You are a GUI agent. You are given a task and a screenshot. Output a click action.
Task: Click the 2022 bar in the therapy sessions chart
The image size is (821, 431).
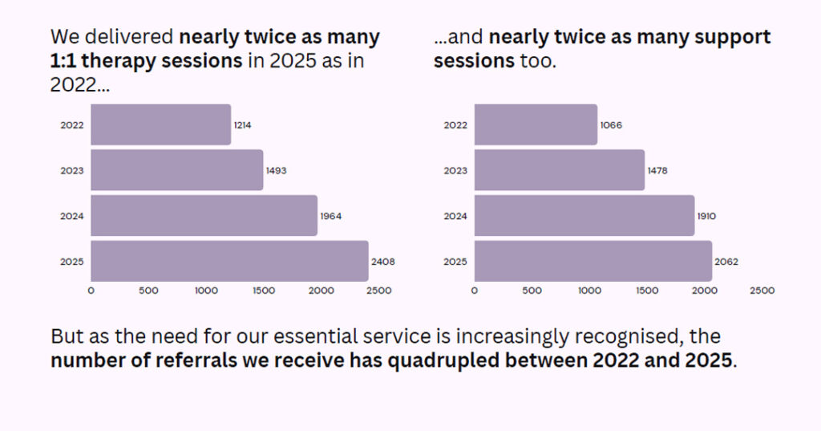[x=160, y=125]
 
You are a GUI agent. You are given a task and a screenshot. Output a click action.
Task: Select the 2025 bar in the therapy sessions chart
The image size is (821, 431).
[x=229, y=262]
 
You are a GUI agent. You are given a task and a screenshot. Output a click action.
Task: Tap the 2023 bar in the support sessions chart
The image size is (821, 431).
[x=559, y=170]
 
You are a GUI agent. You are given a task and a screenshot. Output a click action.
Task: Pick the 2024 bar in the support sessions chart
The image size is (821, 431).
[x=584, y=216]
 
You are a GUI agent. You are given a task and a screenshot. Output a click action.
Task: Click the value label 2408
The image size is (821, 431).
[x=382, y=262]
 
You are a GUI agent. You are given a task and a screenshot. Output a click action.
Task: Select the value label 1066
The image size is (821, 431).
[x=611, y=125]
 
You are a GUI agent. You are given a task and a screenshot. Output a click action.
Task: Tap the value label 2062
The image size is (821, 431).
[x=726, y=262]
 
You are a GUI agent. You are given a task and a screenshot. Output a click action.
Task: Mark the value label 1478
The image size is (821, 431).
[x=657, y=170]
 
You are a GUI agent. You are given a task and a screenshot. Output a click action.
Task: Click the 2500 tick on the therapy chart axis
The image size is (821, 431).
[x=378, y=291]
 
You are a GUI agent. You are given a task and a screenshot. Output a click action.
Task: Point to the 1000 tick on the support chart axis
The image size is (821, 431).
[x=589, y=291]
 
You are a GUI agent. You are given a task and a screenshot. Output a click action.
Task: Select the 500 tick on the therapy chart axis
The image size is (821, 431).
[x=148, y=291]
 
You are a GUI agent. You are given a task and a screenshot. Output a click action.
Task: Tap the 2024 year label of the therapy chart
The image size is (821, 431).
[x=72, y=216]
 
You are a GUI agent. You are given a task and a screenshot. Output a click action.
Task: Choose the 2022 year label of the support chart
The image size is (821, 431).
[x=455, y=125]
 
